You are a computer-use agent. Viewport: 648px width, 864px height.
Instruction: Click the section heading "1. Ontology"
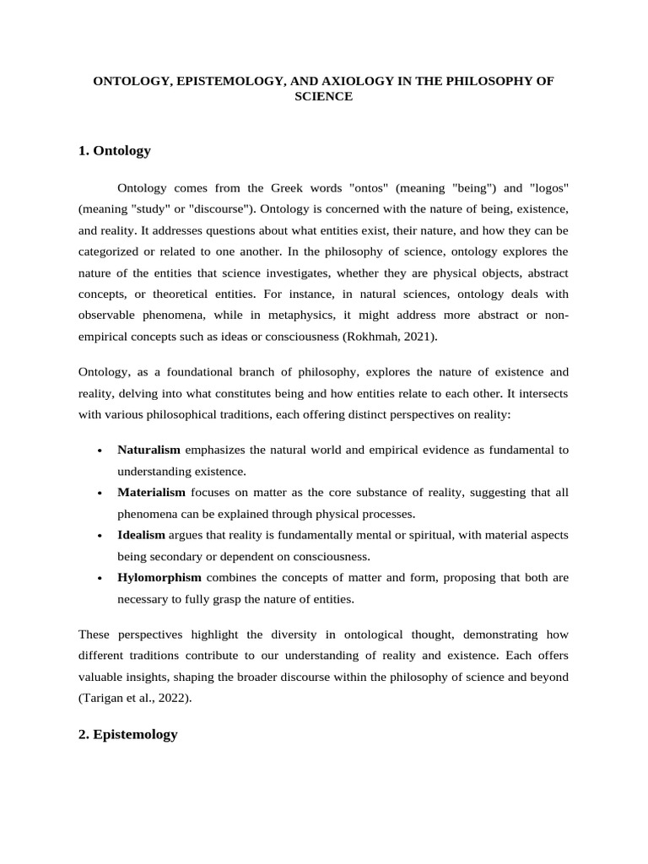click(x=114, y=151)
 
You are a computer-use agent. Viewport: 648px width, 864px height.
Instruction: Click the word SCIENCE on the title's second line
click(x=323, y=97)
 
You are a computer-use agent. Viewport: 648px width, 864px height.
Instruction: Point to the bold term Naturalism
click(x=148, y=450)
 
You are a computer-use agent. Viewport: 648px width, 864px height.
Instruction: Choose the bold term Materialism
click(x=151, y=492)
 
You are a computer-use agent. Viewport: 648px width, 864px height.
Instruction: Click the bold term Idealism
click(x=141, y=535)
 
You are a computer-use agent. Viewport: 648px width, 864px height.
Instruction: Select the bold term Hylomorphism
click(x=159, y=577)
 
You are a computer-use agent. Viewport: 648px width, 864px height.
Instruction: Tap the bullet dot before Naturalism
click(x=100, y=451)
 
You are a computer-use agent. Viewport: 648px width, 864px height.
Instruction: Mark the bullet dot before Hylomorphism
click(x=100, y=578)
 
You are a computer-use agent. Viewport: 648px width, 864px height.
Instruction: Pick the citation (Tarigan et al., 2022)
click(x=136, y=698)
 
